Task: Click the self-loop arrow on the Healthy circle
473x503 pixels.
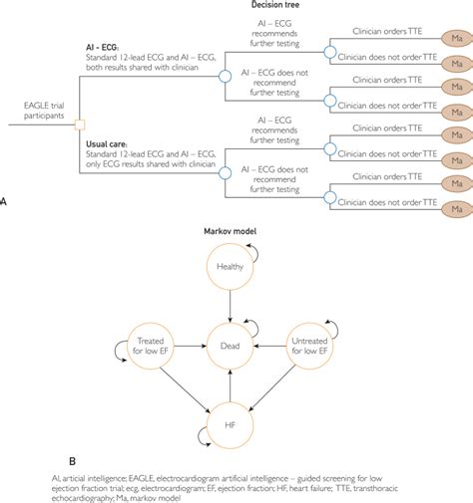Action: pos(255,253)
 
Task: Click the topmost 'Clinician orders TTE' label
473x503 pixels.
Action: pos(394,32)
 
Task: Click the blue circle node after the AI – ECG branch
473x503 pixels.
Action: pos(226,76)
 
